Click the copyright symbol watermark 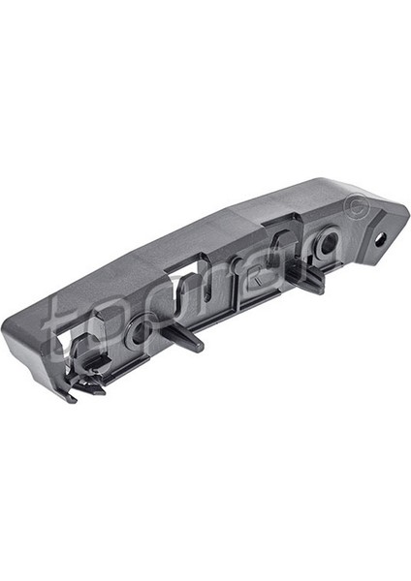click(356, 207)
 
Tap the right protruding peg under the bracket click(311, 280)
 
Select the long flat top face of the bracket click(194, 237)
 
